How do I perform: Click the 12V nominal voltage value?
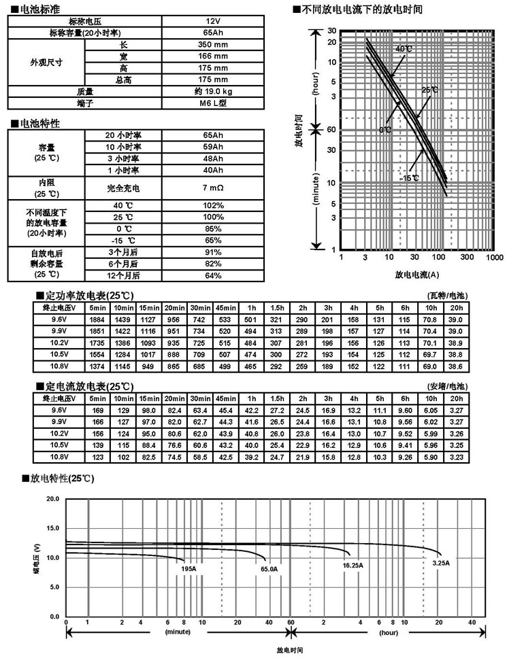click(213, 21)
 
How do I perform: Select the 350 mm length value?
click(213, 44)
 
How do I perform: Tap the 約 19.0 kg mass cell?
click(213, 91)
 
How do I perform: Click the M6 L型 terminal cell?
click(213, 103)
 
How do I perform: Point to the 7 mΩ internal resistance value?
click(213, 186)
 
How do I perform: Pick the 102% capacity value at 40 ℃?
click(213, 205)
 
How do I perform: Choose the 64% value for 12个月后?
click(213, 275)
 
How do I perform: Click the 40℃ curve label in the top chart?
click(404, 49)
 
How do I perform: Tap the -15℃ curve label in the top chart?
click(410, 178)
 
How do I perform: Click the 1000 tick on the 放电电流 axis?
click(494, 258)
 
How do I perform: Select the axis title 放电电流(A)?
click(416, 275)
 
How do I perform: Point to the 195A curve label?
click(188, 568)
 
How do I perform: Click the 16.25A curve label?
click(352, 565)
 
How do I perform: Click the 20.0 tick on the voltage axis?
click(52, 499)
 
